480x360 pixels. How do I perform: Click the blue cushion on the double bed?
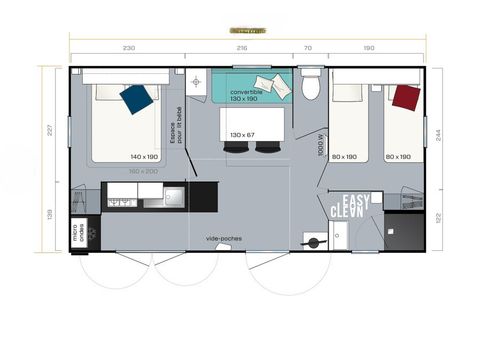point(136,97)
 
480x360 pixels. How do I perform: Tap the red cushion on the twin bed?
point(405,97)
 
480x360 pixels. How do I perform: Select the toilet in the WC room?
point(311,86)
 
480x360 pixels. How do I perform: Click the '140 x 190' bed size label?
point(144,157)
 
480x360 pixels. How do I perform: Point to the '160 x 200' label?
point(144,171)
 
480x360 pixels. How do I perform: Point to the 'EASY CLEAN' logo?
point(352,205)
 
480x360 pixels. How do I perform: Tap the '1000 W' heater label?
point(322,146)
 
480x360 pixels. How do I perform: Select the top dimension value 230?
point(128,47)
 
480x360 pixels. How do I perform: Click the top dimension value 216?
point(240,47)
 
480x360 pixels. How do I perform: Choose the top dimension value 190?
point(370,47)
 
